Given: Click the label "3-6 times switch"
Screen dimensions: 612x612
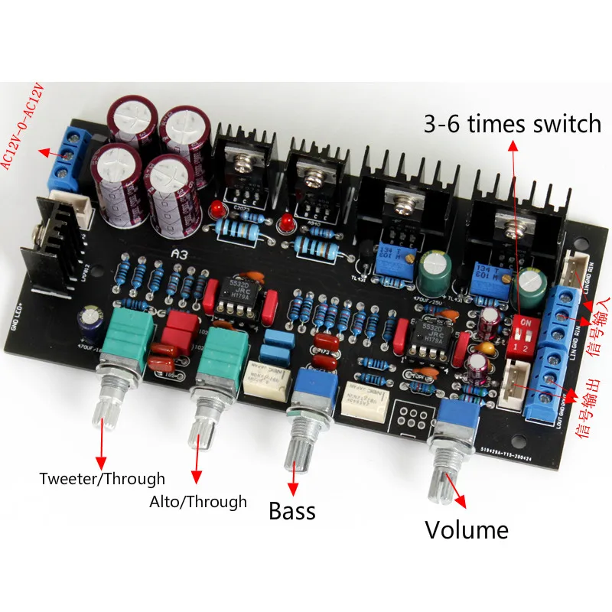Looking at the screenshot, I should [513, 123].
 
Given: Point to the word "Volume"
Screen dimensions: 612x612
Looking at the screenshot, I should [467, 529].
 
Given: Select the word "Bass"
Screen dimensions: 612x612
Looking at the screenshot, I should [292, 510].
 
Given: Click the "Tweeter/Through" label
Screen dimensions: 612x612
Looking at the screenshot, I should [103, 479].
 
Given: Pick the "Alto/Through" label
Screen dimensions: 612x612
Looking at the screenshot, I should [199, 502].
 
